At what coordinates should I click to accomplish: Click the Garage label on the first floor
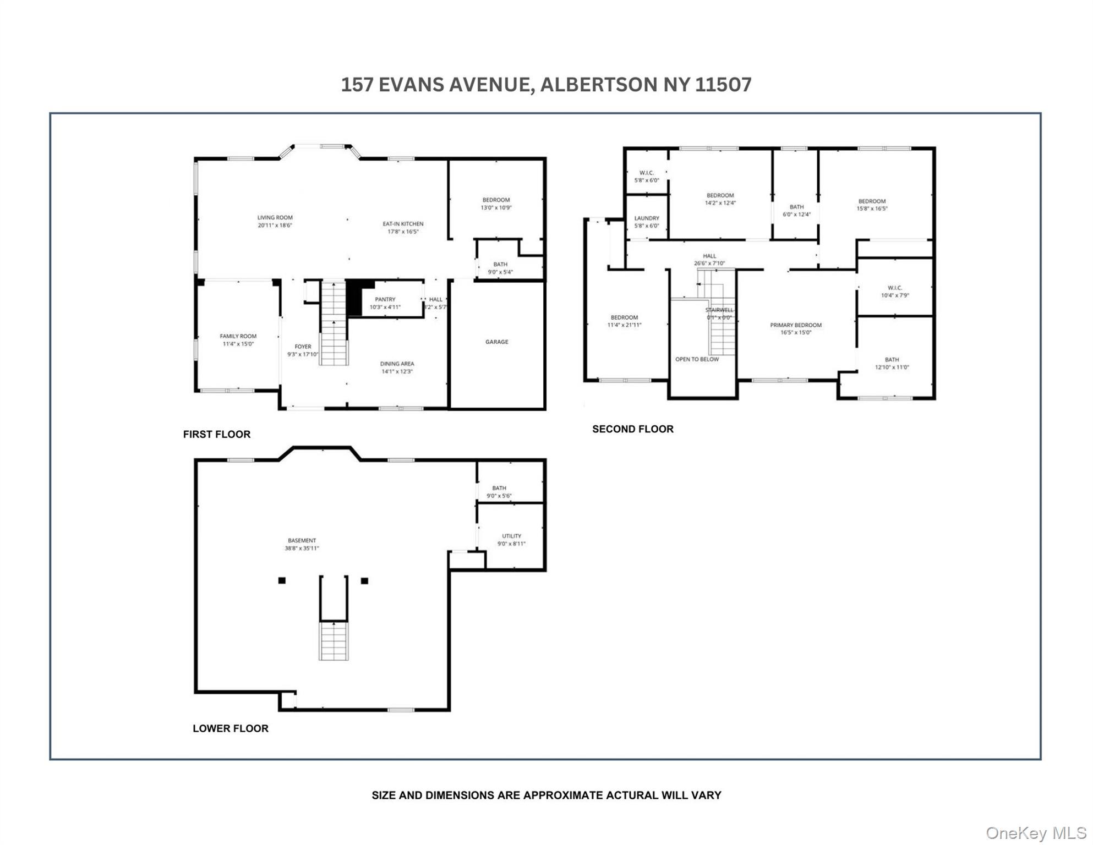[x=496, y=342]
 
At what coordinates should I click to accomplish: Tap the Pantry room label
[x=385, y=299]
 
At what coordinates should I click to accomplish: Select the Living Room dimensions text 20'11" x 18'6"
[x=275, y=225]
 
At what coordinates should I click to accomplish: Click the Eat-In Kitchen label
[x=403, y=224]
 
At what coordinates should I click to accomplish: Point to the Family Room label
[x=238, y=336]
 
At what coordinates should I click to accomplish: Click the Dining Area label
[x=397, y=364]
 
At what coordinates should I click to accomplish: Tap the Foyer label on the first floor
[x=303, y=347]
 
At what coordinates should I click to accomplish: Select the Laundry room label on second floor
[x=646, y=218]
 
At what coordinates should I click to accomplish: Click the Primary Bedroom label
[x=795, y=325]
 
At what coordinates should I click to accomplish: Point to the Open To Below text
[x=697, y=359]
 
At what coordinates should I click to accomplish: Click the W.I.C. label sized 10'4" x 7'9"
[x=894, y=288]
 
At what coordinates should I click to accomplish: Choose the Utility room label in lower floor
[x=511, y=536]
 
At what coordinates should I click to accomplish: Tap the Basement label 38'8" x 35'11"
[x=302, y=540]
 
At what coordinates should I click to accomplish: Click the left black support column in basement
[x=282, y=580]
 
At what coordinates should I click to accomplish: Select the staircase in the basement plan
[x=334, y=640]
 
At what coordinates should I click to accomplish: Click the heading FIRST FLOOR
[x=216, y=434]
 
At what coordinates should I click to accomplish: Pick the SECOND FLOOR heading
[x=632, y=429]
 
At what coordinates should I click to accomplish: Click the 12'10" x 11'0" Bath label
[x=892, y=360]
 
